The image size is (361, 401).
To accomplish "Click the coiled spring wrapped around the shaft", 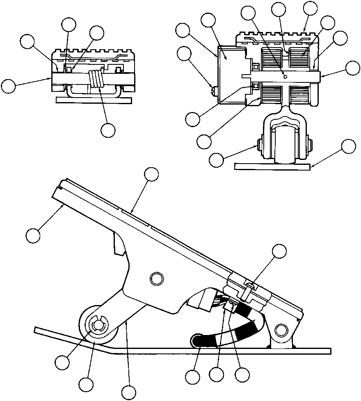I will pyautogui.click(x=97, y=79).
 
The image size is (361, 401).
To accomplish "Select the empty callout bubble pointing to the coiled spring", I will pyautogui.click(x=108, y=130).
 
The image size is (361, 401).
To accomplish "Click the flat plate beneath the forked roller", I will pyautogui.click(x=272, y=166).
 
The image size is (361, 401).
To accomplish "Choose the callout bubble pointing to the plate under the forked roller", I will pyautogui.click(x=349, y=146).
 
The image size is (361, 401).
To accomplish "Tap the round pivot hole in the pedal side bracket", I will pyautogui.click(x=156, y=279).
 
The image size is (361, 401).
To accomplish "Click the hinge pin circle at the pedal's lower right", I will pyautogui.click(x=282, y=329).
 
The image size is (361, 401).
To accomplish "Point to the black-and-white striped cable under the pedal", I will pyautogui.click(x=238, y=328).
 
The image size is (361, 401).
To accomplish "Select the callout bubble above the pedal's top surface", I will pyautogui.click(x=151, y=175).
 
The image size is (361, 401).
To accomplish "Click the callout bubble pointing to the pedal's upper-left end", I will pyautogui.click(x=33, y=236).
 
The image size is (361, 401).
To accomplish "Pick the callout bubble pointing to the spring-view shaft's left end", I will pyautogui.click(x=9, y=87).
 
